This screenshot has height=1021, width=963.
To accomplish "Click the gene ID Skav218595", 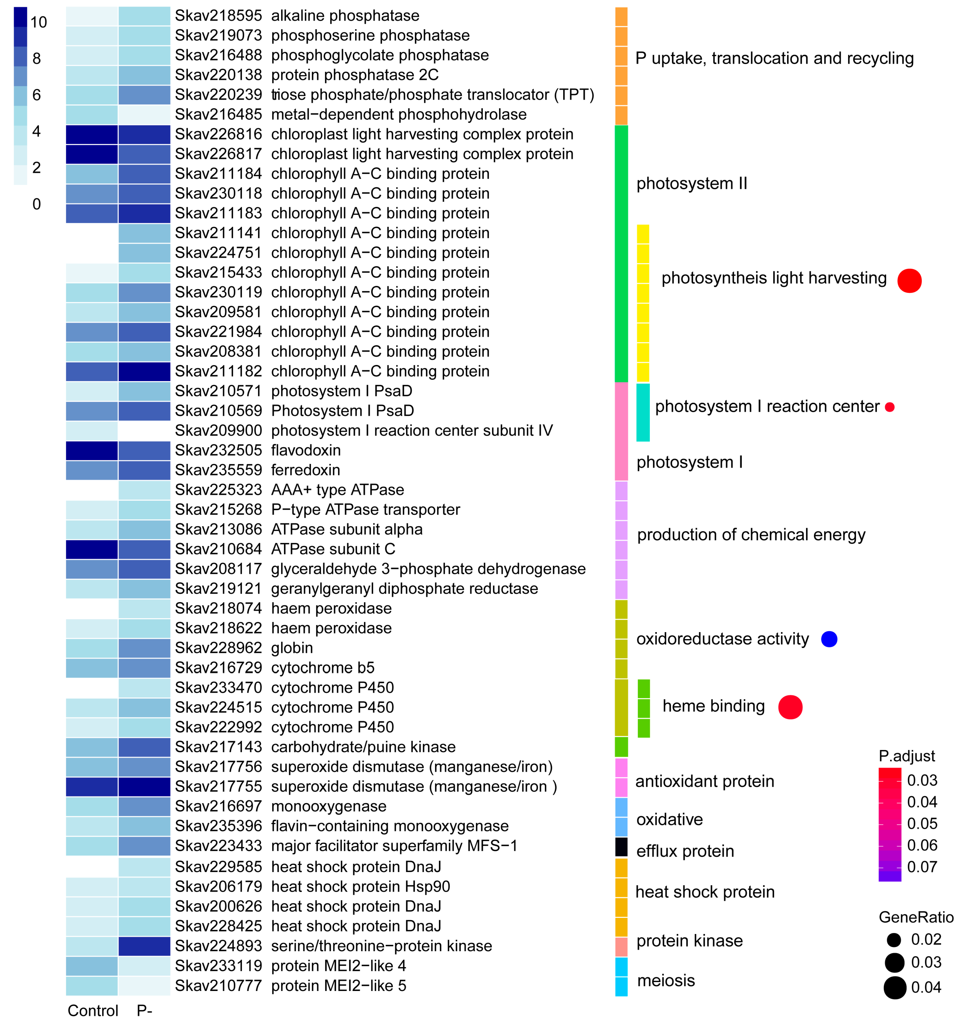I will (218, 16).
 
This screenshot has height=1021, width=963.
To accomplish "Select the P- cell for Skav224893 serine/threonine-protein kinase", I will (144, 946).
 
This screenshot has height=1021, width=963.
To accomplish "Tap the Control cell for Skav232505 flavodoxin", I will (92, 450).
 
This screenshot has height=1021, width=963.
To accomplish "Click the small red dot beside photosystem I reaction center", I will (890, 407).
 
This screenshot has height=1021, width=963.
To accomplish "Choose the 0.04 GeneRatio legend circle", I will (895, 988).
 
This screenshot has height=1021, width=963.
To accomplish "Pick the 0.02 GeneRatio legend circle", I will (894, 940).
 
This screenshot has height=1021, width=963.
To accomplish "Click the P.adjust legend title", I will (907, 756).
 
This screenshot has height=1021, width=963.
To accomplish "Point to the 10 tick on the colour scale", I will (39, 22).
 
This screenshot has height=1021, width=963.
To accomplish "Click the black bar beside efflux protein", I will (621, 847).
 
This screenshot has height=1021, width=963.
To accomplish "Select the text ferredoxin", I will (305, 470).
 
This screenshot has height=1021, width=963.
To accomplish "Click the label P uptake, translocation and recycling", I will (774, 58).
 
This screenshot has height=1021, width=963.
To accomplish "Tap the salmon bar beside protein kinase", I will (621, 946).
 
